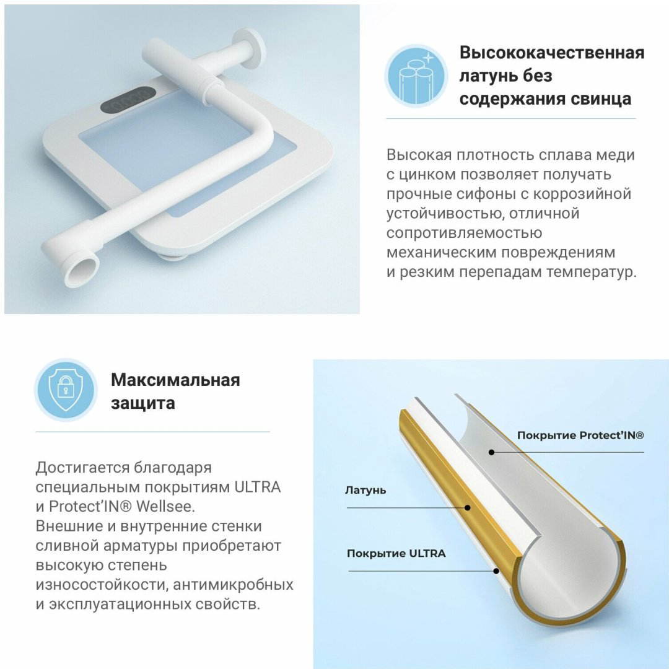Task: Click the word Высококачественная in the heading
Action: [552, 53]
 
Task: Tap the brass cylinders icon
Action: [416, 76]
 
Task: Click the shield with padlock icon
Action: [66, 390]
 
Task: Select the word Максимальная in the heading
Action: [175, 380]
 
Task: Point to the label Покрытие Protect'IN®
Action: [580, 435]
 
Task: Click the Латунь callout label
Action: [365, 490]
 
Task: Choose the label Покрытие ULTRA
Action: [396, 553]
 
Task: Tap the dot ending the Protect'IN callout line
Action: [491, 452]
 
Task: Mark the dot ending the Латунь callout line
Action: [468, 508]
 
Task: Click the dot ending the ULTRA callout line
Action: [496, 571]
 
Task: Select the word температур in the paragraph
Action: [592, 272]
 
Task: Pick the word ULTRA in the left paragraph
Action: [257, 487]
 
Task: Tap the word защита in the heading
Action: [143, 403]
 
